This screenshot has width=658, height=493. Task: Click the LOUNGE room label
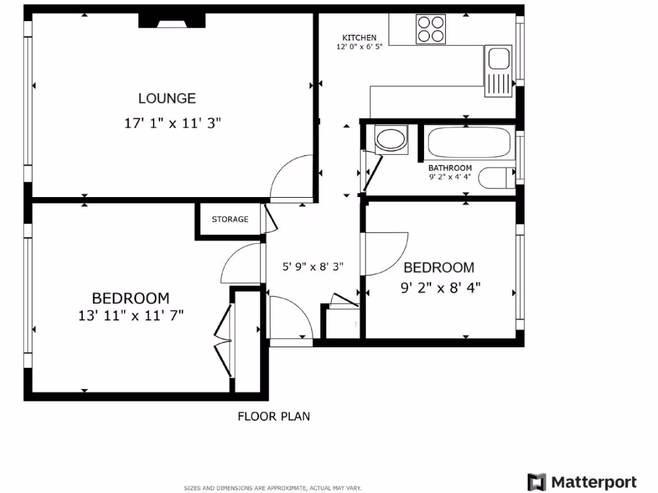(167, 98)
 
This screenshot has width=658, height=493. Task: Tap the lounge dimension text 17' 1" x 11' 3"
(172, 123)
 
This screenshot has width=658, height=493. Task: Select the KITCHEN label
(359, 38)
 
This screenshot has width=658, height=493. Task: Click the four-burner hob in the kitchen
(431, 29)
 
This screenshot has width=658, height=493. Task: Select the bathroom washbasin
(390, 139)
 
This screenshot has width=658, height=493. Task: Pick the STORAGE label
(230, 220)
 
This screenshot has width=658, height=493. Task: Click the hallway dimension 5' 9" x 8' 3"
(314, 267)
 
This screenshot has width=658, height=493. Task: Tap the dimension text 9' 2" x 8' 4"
(441, 288)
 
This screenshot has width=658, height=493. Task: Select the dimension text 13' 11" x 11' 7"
(131, 315)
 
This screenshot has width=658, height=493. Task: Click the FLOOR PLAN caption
(274, 417)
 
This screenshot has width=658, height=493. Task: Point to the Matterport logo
(582, 482)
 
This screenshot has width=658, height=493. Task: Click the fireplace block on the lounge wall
(172, 21)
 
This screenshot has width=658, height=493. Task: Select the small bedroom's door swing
(386, 254)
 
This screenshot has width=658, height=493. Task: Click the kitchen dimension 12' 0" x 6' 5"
(359, 47)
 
